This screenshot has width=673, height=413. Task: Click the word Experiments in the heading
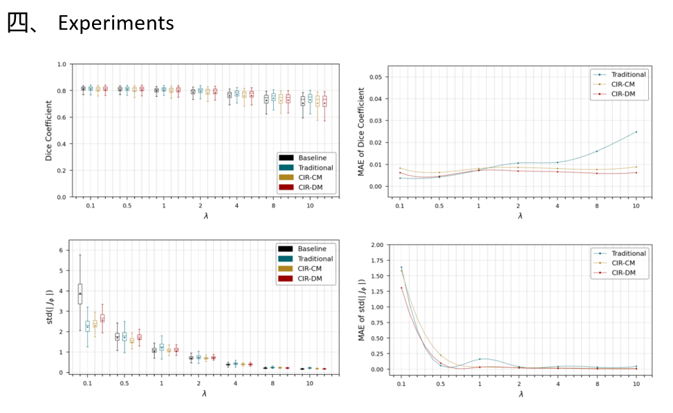point(116,23)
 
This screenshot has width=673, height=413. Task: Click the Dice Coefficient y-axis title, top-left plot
point(49,130)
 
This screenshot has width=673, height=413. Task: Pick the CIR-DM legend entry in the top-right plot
point(619,95)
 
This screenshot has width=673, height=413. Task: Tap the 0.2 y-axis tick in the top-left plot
point(61,171)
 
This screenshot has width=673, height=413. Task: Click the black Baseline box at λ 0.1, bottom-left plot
point(80,294)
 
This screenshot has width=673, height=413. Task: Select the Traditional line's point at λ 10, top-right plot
point(636,131)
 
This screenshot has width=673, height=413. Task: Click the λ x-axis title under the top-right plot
point(519,216)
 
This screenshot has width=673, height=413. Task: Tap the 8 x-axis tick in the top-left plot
point(273,207)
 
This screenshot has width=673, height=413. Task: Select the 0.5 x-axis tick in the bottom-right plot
point(440,383)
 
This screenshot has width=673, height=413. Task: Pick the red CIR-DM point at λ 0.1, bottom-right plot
point(401,288)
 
